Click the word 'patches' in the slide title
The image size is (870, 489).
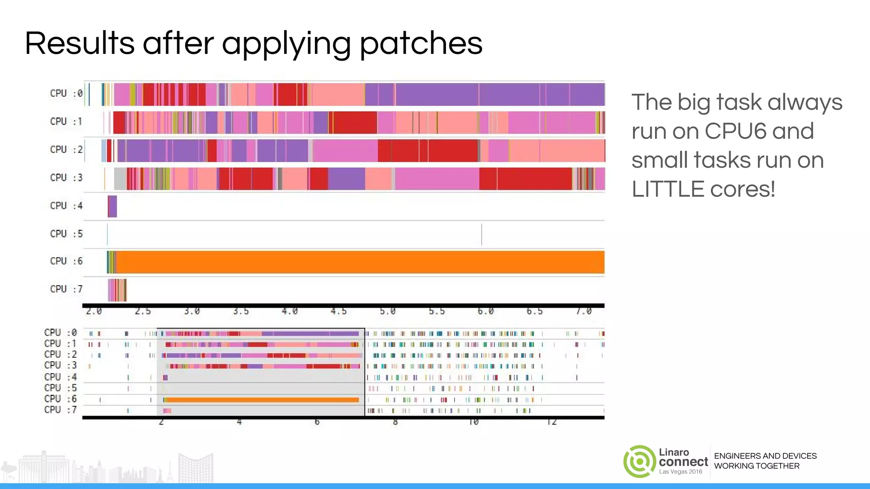(x=421, y=44)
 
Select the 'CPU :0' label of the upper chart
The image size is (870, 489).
(x=66, y=93)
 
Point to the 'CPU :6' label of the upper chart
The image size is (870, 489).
(x=66, y=261)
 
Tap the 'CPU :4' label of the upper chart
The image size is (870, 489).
(x=66, y=206)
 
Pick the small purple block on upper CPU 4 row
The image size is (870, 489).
(x=113, y=206)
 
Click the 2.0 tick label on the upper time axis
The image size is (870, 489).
(x=93, y=312)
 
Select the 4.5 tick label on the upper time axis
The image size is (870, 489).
(x=339, y=312)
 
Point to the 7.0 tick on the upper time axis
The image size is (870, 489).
(x=584, y=312)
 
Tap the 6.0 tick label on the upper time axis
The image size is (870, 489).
(x=486, y=312)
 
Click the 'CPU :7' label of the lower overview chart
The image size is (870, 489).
(x=60, y=410)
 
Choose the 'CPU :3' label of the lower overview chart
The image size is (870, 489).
(x=60, y=365)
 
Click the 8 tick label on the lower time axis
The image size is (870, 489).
(x=395, y=422)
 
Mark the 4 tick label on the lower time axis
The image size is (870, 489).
(x=239, y=422)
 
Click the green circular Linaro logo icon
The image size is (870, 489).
(x=639, y=461)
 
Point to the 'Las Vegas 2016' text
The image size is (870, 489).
(x=681, y=472)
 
